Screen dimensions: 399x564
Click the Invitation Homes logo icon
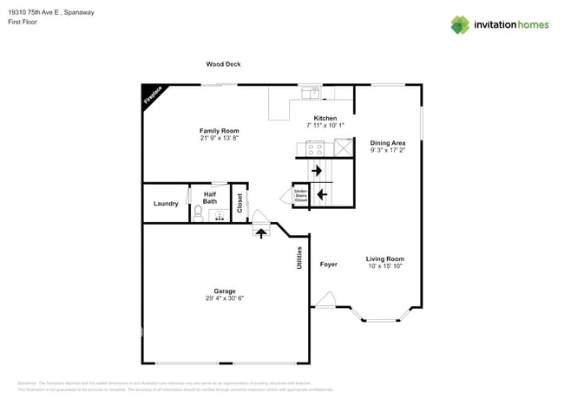(460, 24)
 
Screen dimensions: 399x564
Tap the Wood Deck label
(223, 64)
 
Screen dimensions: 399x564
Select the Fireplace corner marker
(153, 95)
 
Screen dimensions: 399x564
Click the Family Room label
(219, 130)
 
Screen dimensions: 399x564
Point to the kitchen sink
(311, 93)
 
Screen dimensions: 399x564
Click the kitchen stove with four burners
(314, 149)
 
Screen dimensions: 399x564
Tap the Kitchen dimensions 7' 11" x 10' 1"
(325, 126)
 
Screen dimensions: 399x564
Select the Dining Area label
(388, 142)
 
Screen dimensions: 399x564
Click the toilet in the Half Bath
(199, 212)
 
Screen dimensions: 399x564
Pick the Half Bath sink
(219, 210)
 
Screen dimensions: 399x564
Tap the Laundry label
(166, 204)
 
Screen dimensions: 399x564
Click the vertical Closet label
(239, 203)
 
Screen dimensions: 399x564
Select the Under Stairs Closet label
(301, 194)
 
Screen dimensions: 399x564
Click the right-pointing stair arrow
(318, 171)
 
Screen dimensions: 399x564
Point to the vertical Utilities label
(300, 261)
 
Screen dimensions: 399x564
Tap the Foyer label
(328, 264)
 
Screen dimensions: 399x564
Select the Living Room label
(384, 258)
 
